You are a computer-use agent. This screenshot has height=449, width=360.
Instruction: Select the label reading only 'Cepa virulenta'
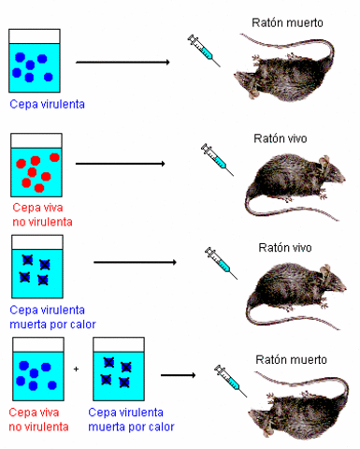[47, 104]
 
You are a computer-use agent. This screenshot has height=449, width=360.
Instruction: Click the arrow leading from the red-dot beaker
[120, 164]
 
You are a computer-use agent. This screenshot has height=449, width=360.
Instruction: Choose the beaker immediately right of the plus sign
[118, 370]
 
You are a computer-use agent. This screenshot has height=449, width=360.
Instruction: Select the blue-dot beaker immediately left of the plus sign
[36, 370]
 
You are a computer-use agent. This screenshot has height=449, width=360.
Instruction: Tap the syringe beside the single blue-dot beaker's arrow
[203, 49]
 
